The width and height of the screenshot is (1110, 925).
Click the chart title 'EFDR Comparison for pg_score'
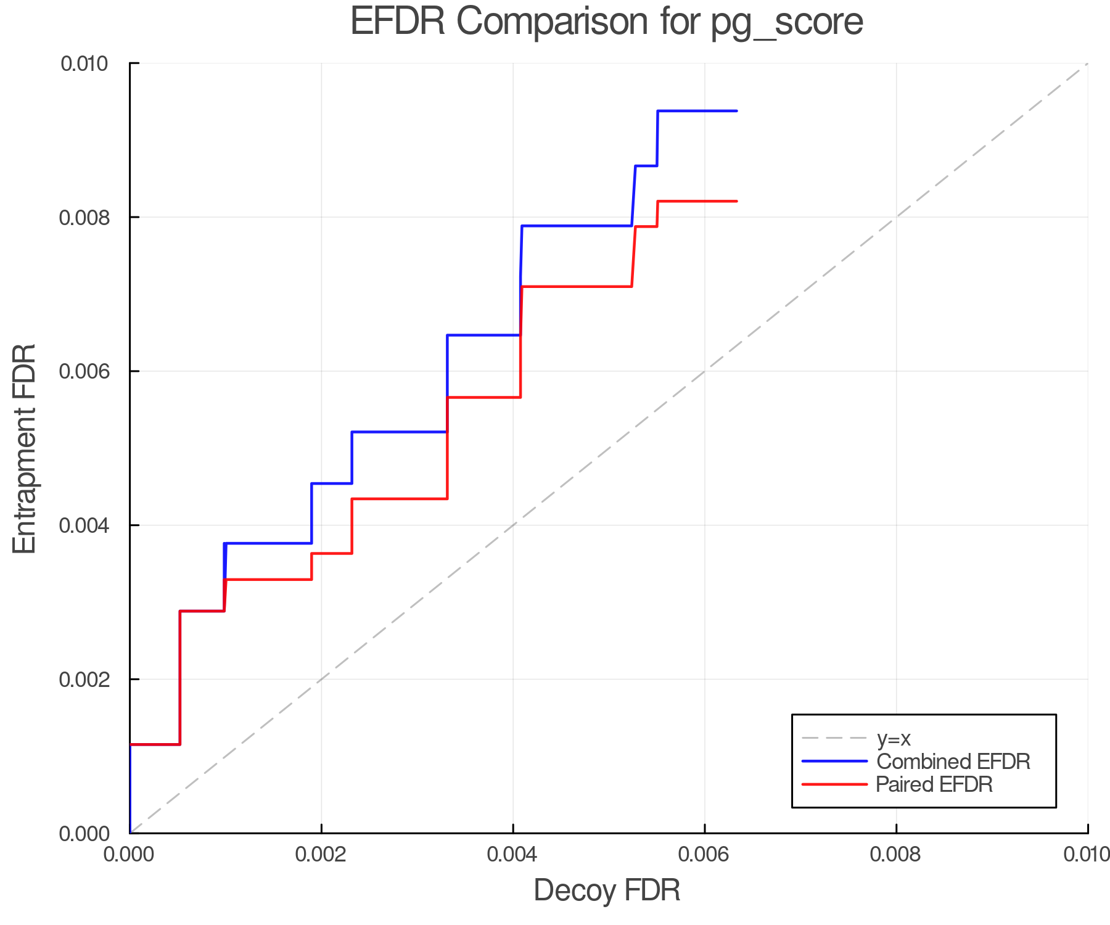point(607,22)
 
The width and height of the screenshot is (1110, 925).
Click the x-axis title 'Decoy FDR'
point(607,890)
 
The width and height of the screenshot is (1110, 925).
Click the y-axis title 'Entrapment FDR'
point(25,448)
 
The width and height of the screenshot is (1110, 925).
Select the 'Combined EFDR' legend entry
point(953,762)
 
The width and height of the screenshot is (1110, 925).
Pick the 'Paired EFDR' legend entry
point(934,784)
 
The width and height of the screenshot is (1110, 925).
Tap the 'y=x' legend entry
point(894,739)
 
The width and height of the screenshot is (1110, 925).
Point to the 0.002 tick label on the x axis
point(321,855)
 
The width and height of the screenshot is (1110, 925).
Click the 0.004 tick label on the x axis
point(513,855)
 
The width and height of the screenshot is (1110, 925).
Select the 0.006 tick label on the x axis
point(704,855)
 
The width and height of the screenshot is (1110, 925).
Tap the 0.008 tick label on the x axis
point(896,855)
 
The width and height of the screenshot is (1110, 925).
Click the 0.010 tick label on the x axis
point(1087,855)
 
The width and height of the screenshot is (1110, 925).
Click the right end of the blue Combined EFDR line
point(736,111)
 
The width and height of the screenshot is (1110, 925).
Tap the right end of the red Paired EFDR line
point(736,201)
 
